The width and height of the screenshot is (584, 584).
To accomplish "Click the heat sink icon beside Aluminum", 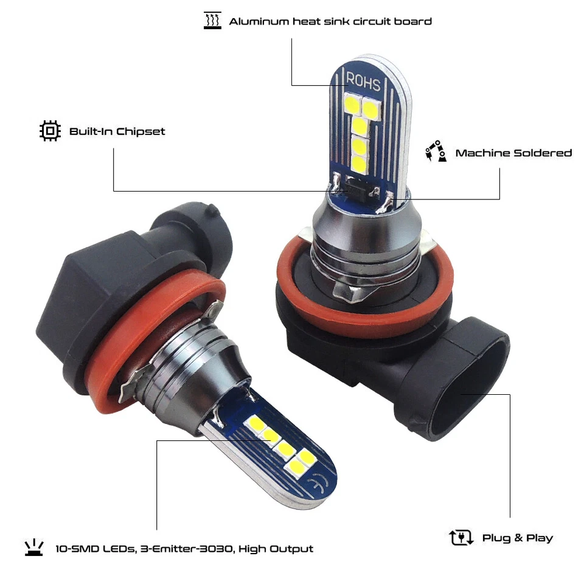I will [212, 21].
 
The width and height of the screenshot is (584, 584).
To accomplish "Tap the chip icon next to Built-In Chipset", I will [50, 131].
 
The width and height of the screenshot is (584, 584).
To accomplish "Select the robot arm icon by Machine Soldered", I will [435, 151].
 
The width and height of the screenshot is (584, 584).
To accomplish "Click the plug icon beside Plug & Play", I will [461, 537].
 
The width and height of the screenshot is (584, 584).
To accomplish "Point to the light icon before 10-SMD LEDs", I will [34, 547].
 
